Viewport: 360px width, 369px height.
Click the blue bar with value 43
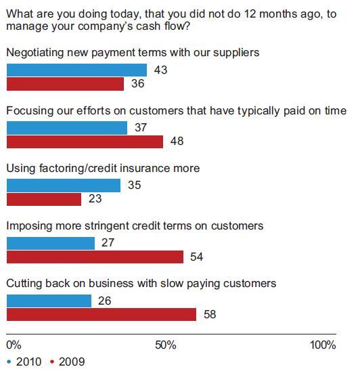tap(76, 70)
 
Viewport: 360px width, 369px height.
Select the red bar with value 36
tap(65, 84)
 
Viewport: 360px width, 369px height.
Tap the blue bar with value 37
tap(67, 128)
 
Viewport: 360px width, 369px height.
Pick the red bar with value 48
tap(85, 142)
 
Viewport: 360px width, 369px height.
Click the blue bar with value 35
tap(64, 186)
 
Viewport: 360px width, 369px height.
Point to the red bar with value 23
tap(44, 199)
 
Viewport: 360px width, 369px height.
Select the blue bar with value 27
tap(51, 243)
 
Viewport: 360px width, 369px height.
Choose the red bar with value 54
tap(95, 257)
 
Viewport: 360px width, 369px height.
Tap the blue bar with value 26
tap(49, 301)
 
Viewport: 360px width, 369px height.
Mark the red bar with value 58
tap(102, 315)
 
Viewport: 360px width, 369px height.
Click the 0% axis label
tap(14, 345)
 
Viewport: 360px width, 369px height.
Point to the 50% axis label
tap(166, 345)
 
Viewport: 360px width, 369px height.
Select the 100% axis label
tap(323, 345)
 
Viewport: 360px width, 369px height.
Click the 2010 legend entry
tap(24, 362)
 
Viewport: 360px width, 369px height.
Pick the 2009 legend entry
tap(68, 362)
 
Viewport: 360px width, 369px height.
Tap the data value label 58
tap(210, 314)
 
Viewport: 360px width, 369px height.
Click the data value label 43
tap(161, 70)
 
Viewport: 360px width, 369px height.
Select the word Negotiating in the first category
tap(35, 53)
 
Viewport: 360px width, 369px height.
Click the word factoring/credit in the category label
tap(78, 169)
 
